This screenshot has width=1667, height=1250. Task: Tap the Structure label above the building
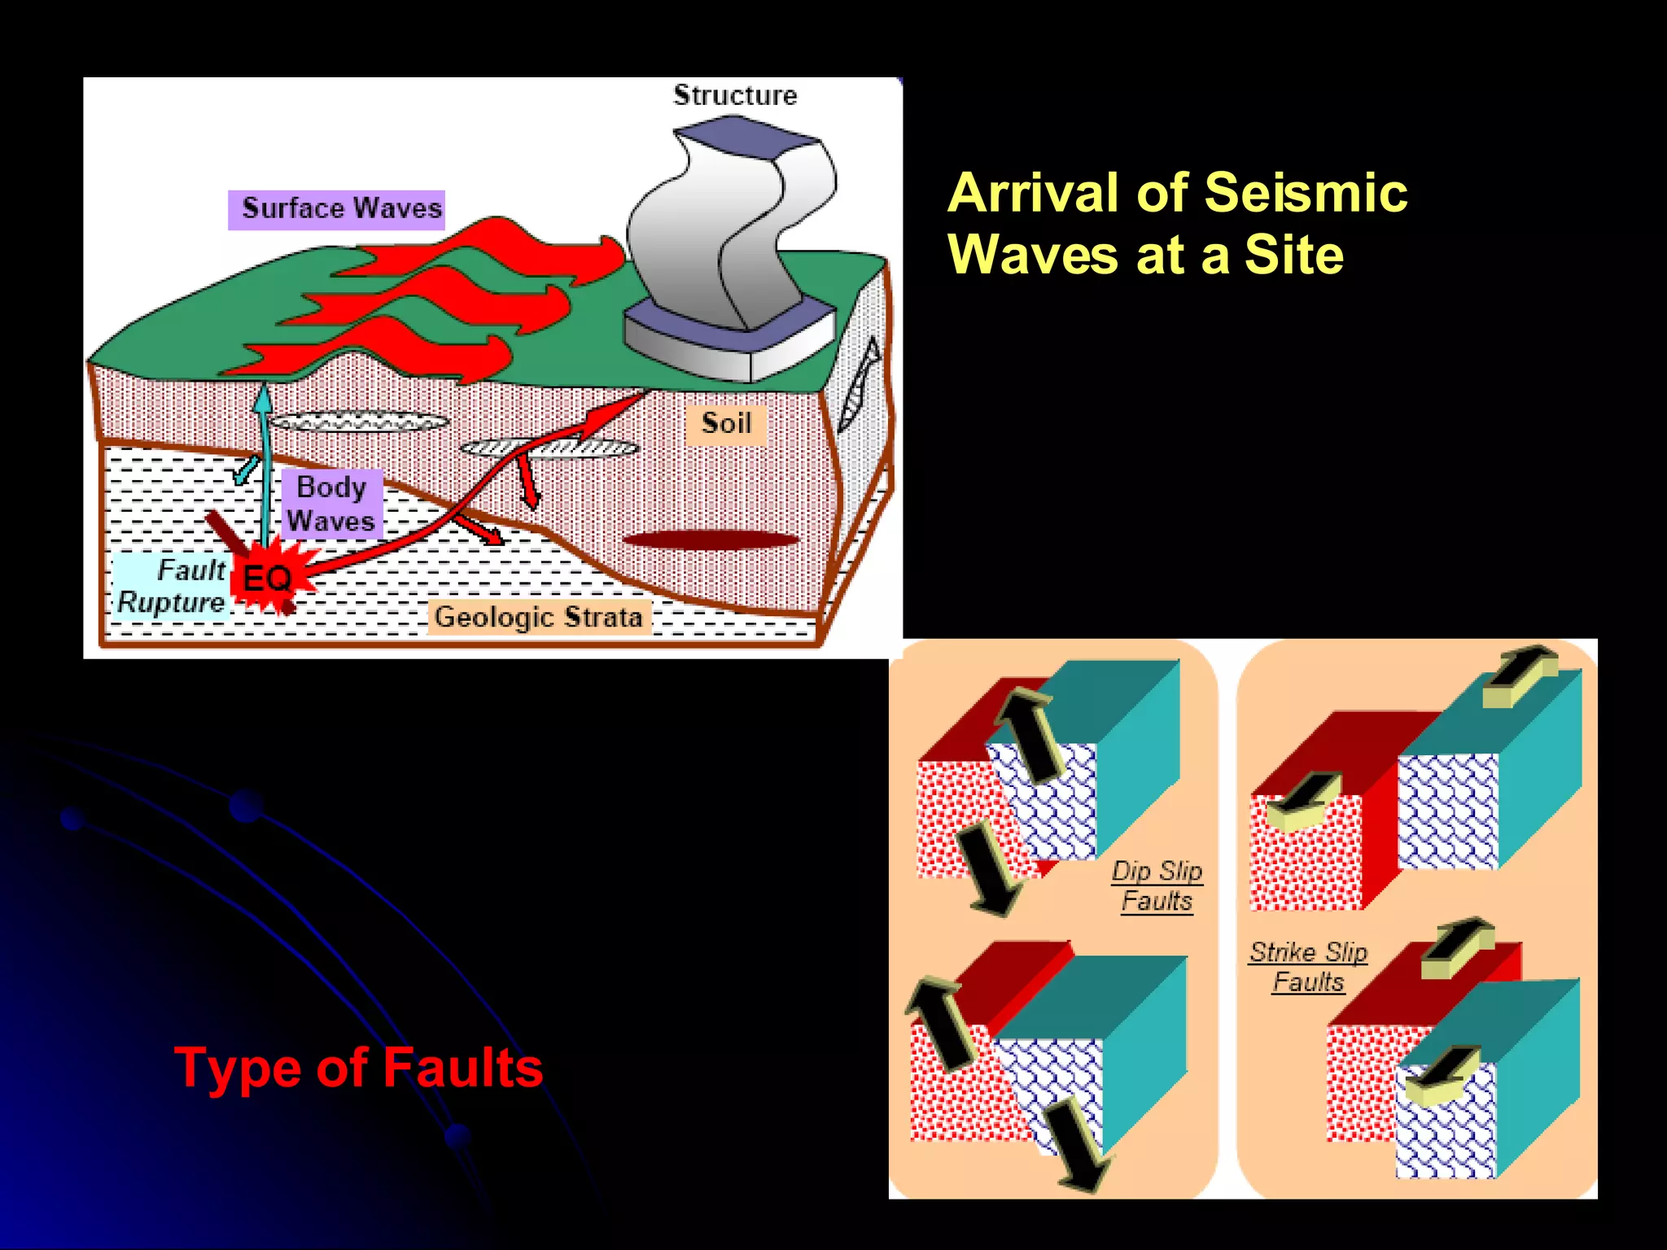click(x=735, y=95)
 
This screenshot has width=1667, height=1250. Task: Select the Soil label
click(x=725, y=424)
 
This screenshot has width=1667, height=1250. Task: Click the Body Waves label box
click(x=331, y=504)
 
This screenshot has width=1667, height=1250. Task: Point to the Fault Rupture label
click(x=172, y=587)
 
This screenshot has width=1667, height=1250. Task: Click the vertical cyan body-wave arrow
click(x=264, y=464)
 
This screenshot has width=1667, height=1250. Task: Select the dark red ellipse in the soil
click(x=710, y=540)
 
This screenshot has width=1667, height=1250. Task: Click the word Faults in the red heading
click(x=462, y=1068)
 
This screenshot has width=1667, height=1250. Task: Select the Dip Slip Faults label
click(x=1157, y=886)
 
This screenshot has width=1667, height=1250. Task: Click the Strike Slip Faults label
click(x=1308, y=967)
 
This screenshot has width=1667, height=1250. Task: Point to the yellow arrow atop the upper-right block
click(x=1519, y=675)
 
